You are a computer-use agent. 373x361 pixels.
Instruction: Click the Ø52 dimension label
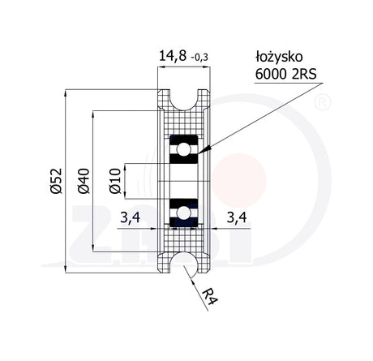point(56,181)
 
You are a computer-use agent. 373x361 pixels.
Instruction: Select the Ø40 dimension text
point(84,181)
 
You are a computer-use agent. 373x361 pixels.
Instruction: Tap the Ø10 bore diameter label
point(115,181)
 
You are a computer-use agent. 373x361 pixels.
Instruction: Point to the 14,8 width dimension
point(173,56)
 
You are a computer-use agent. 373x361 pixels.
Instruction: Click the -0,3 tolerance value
point(199,58)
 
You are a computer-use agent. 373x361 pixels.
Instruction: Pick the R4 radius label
point(211,297)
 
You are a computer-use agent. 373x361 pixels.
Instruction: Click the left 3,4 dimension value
point(131,217)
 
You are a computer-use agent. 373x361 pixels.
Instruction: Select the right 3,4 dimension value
point(237,217)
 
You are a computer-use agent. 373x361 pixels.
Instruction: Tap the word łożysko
point(279,58)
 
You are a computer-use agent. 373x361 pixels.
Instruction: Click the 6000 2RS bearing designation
point(285,74)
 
